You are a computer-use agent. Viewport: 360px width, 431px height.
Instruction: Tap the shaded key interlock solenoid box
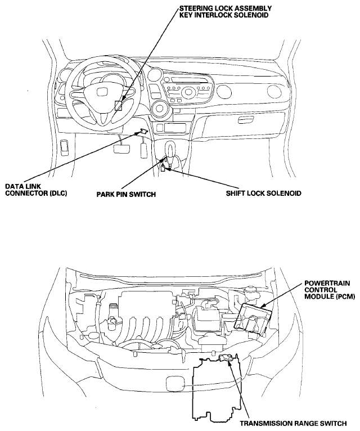[119, 105]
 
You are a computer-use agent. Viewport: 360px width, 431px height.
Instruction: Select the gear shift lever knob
[171, 147]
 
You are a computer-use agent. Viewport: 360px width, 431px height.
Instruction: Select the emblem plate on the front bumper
[173, 384]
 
